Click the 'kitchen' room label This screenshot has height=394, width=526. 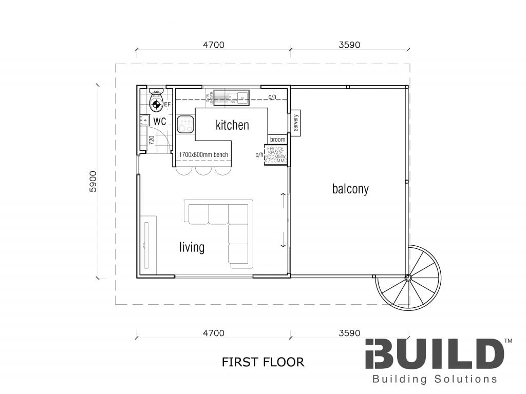click(x=232, y=125)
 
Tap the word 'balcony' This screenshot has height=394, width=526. click(x=350, y=189)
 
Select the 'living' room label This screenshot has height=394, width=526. click(x=192, y=247)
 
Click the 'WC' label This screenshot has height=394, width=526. click(x=159, y=122)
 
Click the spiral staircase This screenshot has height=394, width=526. click(x=408, y=278)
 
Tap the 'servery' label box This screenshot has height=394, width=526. click(x=296, y=123)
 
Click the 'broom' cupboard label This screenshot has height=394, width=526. click(x=277, y=140)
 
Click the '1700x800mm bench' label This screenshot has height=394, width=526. click(x=203, y=154)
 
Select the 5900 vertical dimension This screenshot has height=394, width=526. click(x=92, y=181)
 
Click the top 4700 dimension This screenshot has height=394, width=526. click(x=214, y=45)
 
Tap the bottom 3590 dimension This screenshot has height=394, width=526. click(x=349, y=333)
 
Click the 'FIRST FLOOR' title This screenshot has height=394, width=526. click(x=262, y=362)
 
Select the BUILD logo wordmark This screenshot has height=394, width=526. click(x=435, y=354)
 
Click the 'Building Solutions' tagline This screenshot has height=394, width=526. click(x=435, y=379)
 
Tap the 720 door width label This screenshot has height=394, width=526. click(x=151, y=140)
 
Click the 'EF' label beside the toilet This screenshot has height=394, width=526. click(x=167, y=105)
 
